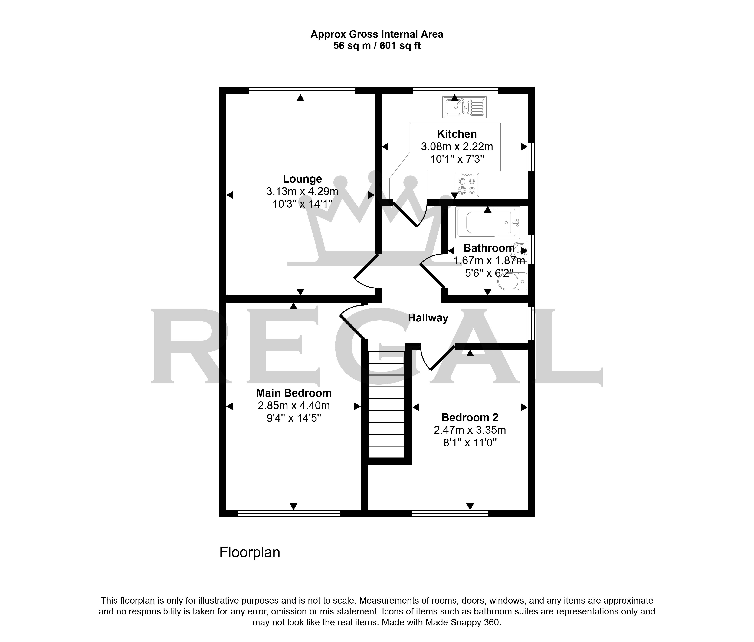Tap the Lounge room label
click(x=302, y=179)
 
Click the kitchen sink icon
click(x=464, y=107)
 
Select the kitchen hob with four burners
click(x=467, y=185)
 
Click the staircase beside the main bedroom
click(x=386, y=404)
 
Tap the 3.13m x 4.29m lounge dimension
click(x=302, y=191)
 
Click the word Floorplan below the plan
click(x=250, y=552)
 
